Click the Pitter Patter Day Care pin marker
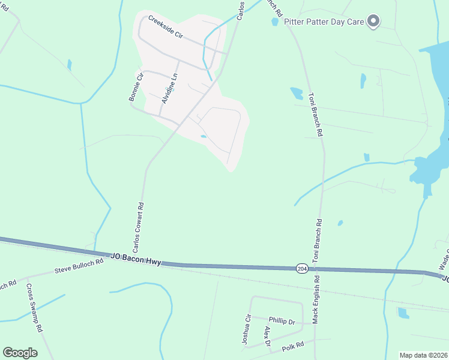(x=373, y=22)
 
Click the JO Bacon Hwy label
(x=136, y=257)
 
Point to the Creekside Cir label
(x=165, y=27)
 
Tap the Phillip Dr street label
(x=282, y=322)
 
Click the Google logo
(x=20, y=353)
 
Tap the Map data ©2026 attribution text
(x=424, y=355)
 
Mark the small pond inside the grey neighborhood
(x=204, y=136)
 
